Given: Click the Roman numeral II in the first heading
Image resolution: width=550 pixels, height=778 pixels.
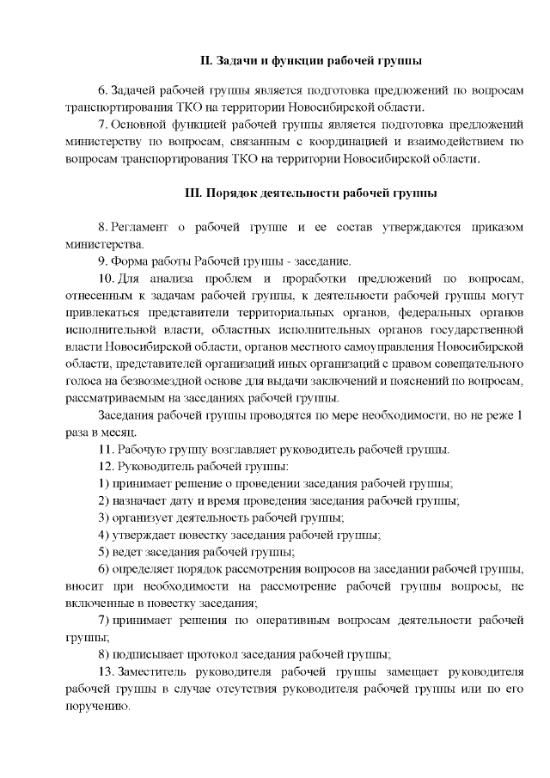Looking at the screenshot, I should tap(205, 61).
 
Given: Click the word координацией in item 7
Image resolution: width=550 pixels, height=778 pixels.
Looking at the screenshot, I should tap(354, 142).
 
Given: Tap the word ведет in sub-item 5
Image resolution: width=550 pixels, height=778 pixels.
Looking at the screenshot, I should tap(127, 552).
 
